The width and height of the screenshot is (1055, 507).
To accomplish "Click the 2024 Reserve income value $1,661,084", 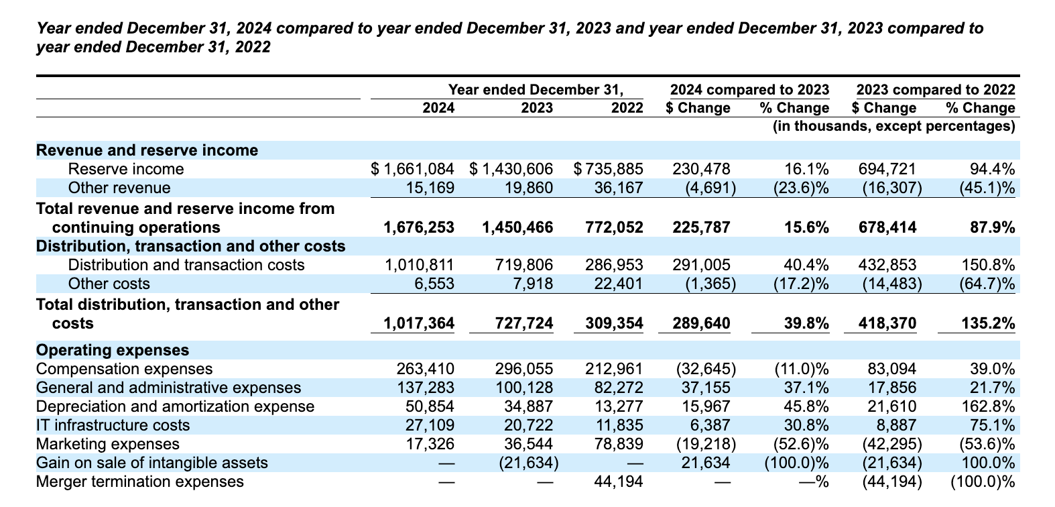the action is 413,169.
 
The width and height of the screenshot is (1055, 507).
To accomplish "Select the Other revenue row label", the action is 119,188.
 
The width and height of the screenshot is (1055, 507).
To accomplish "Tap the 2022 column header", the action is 627,108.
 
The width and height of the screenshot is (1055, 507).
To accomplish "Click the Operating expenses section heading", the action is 113,350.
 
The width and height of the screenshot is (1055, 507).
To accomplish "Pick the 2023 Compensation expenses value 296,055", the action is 523,369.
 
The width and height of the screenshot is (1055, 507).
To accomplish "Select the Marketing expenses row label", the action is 108,445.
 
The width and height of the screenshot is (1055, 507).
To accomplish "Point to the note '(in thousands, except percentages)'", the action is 894,126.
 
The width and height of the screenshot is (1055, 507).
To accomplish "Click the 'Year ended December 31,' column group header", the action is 536,89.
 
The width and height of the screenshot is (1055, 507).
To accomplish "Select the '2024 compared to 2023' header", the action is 750,89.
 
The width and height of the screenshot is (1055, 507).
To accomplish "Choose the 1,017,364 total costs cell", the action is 419,324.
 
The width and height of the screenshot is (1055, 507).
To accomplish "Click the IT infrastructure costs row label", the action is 113,425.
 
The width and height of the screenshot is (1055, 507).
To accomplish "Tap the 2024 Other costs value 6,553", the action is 434,284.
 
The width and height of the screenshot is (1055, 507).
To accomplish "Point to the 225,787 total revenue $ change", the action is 701,227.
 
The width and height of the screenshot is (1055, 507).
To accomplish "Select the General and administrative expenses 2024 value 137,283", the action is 426,388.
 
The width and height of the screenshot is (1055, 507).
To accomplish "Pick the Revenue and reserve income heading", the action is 147,150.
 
